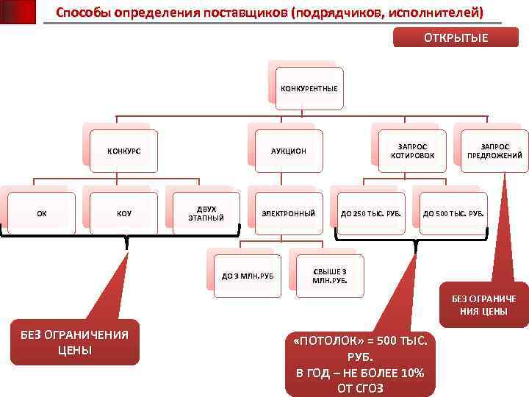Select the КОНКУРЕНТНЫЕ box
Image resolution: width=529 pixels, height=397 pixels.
pos(309,88)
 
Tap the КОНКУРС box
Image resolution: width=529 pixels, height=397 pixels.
pos(124,151)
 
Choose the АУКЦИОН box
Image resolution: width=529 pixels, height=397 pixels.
pos(289,151)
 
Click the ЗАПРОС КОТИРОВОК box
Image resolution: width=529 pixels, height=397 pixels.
pos(412,151)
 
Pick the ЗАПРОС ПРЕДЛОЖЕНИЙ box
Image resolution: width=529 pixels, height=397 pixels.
pos(494,151)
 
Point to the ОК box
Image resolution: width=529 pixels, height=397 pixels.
pos(42,214)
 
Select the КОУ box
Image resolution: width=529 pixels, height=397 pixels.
pos(124,214)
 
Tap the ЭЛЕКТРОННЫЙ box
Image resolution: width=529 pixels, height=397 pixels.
pos(289,214)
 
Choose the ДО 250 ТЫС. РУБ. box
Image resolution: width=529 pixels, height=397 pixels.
pos(371,214)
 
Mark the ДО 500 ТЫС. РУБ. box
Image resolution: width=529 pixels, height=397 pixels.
pos(453,214)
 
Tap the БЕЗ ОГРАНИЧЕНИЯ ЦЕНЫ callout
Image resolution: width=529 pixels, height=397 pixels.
pos(74,342)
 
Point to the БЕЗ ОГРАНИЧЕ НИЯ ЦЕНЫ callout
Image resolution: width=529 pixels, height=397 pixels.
pos(484,304)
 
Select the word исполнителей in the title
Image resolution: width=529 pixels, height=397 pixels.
pos(433,12)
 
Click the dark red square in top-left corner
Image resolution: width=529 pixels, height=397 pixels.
pos(18,12)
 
